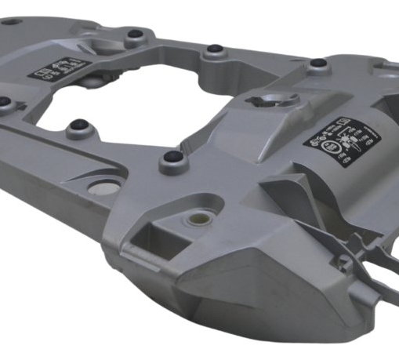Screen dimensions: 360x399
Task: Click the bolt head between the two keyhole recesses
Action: tap(214, 51)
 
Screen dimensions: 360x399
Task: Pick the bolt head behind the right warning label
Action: tap(317, 64)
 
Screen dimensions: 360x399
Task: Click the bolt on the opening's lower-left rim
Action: tap(78, 125)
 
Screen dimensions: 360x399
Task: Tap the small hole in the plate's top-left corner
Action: tap(10, 21)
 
